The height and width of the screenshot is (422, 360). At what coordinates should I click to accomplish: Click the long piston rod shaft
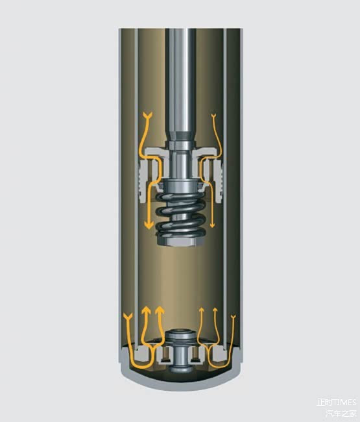180,81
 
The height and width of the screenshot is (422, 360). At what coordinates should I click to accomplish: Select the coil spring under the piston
181,216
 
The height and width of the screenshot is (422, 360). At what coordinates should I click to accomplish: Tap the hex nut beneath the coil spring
181,242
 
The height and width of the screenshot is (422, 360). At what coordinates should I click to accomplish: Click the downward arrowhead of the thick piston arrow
149,224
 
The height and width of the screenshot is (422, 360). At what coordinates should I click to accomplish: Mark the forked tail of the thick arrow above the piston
148,115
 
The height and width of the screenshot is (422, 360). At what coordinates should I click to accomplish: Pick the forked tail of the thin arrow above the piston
214,116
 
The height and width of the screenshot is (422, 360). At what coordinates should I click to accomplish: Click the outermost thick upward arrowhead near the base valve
146,311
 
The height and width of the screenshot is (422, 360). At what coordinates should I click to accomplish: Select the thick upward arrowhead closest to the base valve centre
160,311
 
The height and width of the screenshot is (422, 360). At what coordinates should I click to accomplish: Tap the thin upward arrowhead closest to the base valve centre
202,310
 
